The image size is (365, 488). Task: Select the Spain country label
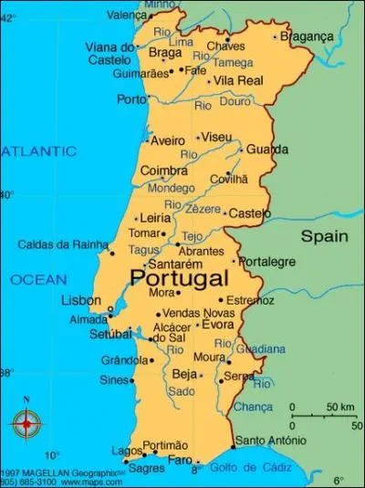[x=325, y=236]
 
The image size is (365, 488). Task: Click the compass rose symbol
[x=26, y=422]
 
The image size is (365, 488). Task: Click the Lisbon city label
[x=81, y=300]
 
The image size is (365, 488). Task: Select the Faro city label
[x=180, y=460]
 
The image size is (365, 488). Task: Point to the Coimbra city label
[x=164, y=171]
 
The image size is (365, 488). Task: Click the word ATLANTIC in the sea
[x=37, y=151]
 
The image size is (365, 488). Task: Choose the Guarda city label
[x=267, y=149]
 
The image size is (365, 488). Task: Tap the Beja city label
[x=185, y=374]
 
